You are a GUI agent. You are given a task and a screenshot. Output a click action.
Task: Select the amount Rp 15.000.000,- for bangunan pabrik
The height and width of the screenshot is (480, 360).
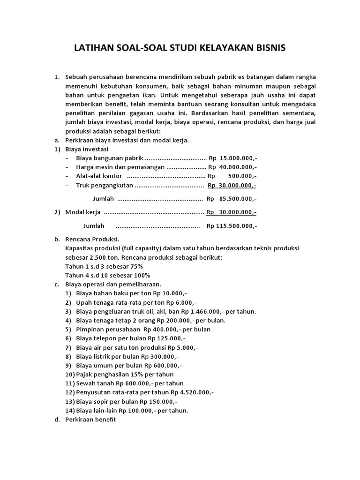[232, 158]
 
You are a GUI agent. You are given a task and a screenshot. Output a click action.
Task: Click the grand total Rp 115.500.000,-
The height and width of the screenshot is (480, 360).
[232, 226]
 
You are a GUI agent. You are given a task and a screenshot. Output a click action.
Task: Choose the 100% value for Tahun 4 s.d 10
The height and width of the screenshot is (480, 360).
[142, 275]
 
